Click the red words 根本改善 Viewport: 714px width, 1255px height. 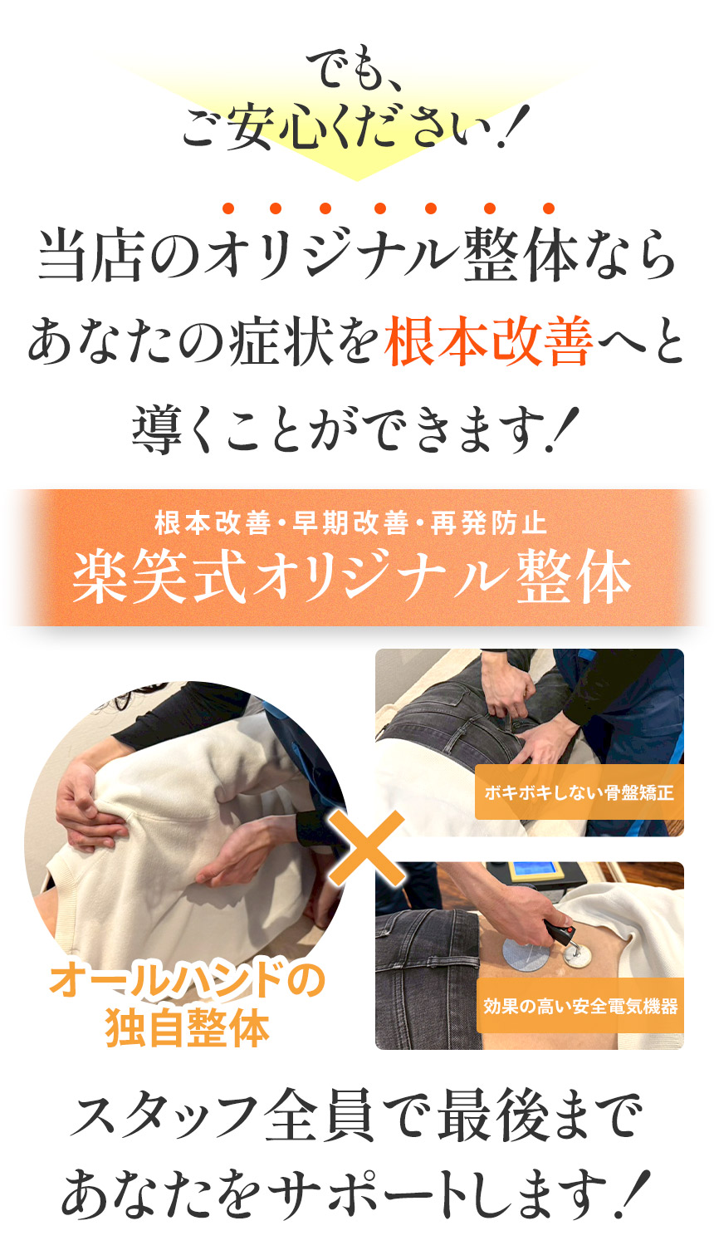(488, 343)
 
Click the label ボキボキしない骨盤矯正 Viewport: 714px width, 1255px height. (579, 792)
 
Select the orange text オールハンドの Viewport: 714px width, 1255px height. (188, 981)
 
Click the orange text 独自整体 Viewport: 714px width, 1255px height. (188, 1028)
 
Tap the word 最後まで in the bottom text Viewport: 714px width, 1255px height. (539, 1118)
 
